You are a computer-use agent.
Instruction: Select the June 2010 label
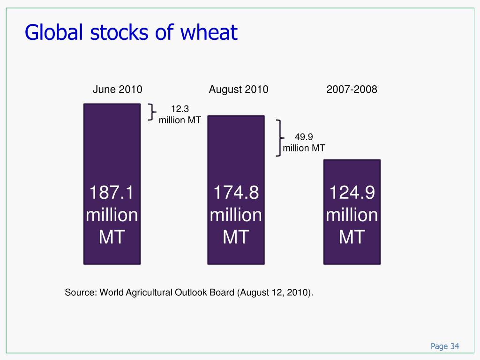tap(117, 90)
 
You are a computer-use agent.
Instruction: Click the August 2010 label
tap(239, 90)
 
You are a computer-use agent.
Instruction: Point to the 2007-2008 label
tap(352, 90)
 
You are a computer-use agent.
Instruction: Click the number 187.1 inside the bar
tap(112, 193)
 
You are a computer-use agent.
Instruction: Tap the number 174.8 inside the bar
tap(236, 193)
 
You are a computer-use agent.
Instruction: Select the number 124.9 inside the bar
tap(352, 193)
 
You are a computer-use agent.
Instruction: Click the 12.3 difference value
tap(180, 109)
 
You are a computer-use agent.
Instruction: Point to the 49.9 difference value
tap(304, 137)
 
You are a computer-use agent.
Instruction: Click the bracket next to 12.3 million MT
tap(151, 112)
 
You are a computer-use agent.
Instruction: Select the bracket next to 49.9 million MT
tap(279, 138)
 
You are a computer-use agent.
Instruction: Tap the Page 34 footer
tap(445, 346)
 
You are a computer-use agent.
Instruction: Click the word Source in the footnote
tap(80, 292)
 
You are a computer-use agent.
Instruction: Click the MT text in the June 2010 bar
tap(112, 237)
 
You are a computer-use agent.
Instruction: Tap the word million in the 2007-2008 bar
tap(352, 215)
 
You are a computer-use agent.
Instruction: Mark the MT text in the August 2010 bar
tap(236, 237)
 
